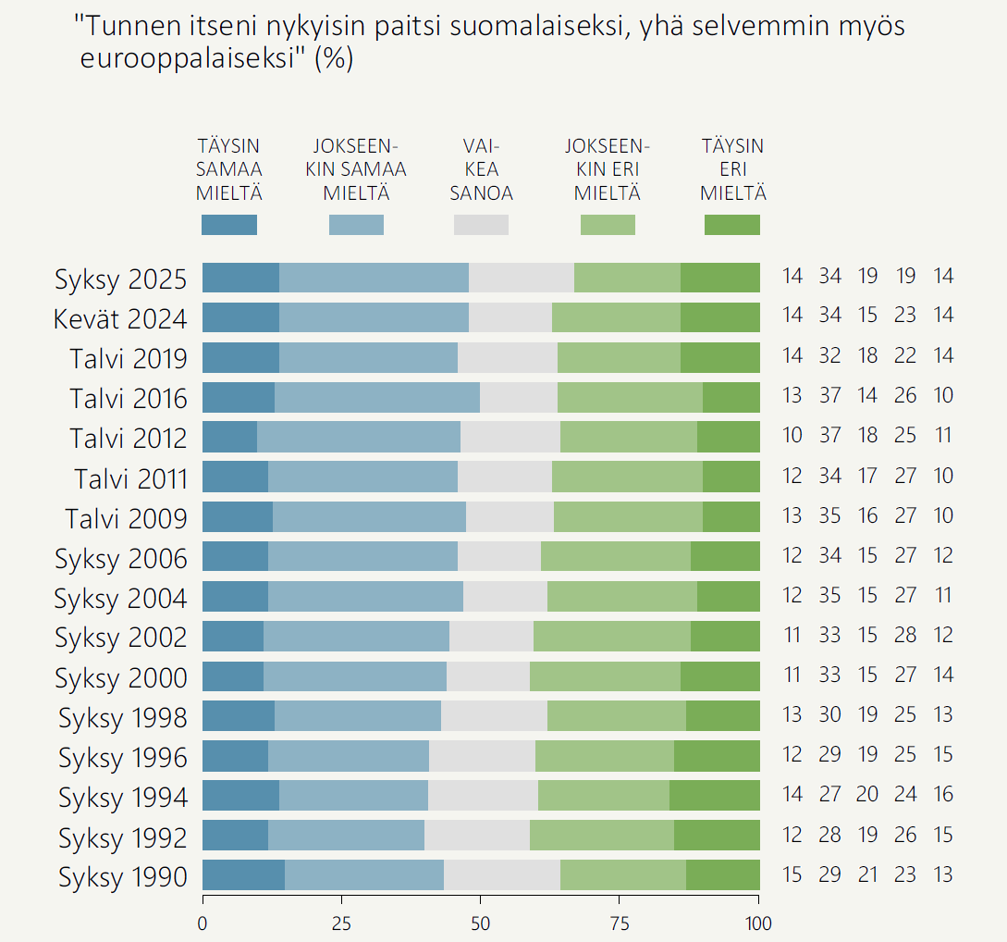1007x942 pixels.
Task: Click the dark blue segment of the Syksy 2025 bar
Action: click(x=240, y=278)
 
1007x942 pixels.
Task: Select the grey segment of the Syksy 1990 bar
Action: click(x=502, y=874)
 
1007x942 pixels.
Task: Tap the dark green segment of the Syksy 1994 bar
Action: click(x=714, y=795)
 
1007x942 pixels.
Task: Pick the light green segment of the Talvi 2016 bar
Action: click(x=630, y=397)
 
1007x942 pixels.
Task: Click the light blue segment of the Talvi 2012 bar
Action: click(x=359, y=437)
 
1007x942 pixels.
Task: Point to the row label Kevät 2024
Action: click(x=120, y=318)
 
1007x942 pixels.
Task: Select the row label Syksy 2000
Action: click(x=120, y=677)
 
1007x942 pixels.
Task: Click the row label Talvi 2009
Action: click(x=126, y=518)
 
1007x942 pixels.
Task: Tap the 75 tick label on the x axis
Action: click(x=620, y=923)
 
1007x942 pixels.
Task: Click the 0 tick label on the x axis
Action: click(x=203, y=923)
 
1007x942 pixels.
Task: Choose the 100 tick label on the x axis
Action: click(x=758, y=923)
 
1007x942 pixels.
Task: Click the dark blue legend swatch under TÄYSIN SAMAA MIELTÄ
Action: click(x=229, y=225)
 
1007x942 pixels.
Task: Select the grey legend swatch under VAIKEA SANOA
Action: click(x=481, y=225)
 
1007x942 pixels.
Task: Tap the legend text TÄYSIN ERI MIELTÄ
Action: click(x=732, y=170)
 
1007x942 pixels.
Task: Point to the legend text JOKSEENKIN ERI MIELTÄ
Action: click(x=607, y=170)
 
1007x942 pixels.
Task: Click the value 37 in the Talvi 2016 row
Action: click(x=829, y=396)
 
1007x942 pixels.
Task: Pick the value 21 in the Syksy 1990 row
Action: click(x=867, y=874)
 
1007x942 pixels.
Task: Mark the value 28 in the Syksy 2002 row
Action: click(x=905, y=636)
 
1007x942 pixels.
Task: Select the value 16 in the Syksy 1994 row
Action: click(x=942, y=795)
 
